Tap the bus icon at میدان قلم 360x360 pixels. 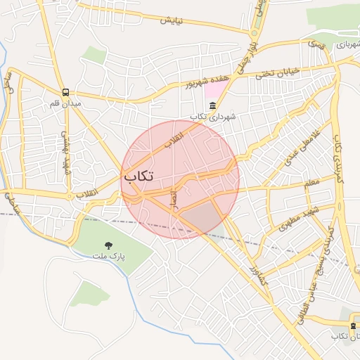65,92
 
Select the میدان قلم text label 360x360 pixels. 65,103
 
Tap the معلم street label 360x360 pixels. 311,183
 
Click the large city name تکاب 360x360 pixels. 139,176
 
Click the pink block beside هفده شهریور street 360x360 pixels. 212,91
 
